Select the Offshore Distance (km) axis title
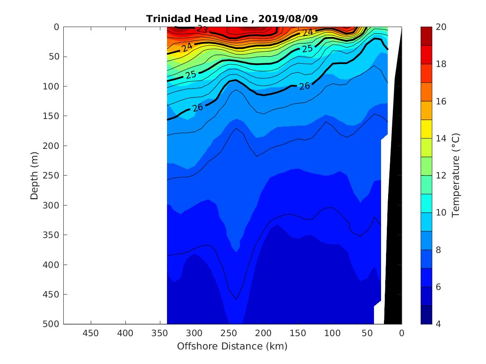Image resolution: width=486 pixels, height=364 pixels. [232, 346]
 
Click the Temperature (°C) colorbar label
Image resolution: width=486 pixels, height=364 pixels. [455, 175]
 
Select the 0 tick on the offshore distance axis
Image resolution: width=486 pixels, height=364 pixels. [401, 333]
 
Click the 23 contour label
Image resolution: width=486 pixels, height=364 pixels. [202, 29]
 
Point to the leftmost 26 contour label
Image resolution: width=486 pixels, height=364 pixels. [197, 108]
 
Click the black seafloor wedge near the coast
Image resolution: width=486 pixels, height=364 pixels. [394, 208]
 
